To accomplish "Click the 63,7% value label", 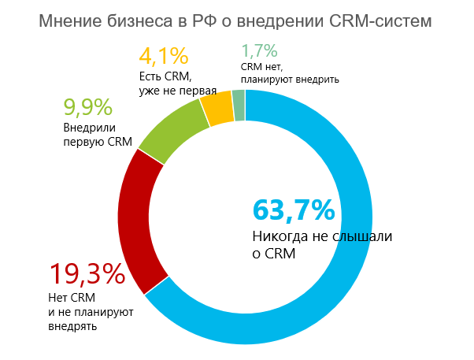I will (293, 211).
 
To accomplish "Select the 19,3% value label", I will (87, 274).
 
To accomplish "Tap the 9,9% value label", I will (87, 107).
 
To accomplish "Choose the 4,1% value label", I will (164, 57).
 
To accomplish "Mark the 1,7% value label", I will (260, 52).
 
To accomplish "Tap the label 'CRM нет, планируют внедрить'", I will (289, 73).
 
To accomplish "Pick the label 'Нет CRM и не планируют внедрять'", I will (91, 311).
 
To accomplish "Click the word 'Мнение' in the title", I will (72, 20).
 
